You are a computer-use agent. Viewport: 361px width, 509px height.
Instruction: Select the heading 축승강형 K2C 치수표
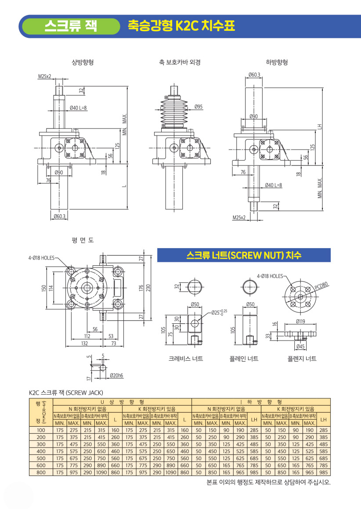[x=181, y=26]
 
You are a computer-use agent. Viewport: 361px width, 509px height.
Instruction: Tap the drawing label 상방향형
[x=83, y=62]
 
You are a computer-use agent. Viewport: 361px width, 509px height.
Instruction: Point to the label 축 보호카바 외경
[x=180, y=62]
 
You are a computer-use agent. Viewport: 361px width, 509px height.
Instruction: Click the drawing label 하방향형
[x=277, y=62]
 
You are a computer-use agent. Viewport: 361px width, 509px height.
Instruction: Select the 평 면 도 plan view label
[x=83, y=240]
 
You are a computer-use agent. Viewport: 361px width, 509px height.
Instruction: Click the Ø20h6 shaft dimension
[x=116, y=375]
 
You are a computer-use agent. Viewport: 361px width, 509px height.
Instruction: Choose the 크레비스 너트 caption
[x=186, y=359]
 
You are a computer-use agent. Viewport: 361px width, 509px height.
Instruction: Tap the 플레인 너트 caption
[x=244, y=359]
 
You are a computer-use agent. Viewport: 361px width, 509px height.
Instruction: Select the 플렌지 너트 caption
[x=301, y=359]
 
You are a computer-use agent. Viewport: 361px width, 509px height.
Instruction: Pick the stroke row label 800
[x=41, y=472]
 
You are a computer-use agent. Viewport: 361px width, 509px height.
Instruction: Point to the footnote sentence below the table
[x=268, y=482]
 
